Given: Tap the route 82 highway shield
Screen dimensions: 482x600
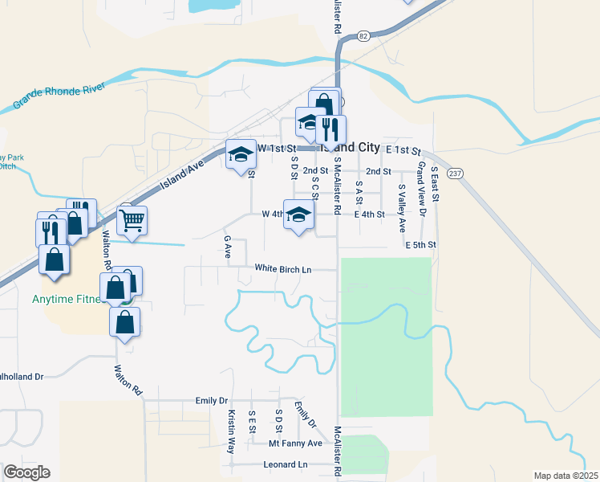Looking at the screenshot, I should (364, 36).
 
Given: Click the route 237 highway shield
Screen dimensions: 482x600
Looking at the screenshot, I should (455, 173).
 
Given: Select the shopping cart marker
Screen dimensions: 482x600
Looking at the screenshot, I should (132, 219).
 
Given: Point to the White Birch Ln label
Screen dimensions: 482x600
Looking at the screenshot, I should (282, 269).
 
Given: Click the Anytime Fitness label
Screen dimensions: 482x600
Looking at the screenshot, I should (69, 300).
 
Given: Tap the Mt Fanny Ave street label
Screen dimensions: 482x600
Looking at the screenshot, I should (295, 443).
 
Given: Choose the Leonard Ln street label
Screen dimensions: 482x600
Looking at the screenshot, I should (285, 465).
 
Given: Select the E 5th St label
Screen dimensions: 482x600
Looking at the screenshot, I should (420, 244).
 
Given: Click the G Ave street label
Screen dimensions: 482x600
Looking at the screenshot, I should (228, 247).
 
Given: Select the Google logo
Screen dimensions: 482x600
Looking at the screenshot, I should (26, 472).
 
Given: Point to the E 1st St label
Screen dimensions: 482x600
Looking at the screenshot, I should (403, 150).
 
